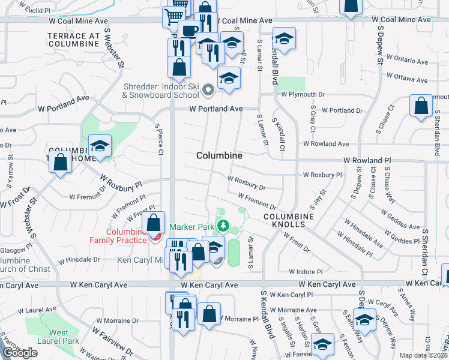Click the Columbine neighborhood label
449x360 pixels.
click(x=220, y=155)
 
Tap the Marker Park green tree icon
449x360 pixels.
click(x=223, y=226)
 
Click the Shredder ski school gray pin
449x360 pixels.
click(x=208, y=91)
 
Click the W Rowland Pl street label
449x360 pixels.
click(x=367, y=161)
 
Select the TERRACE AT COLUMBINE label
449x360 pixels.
click(x=74, y=40)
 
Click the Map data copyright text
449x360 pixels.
click(x=424, y=355)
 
